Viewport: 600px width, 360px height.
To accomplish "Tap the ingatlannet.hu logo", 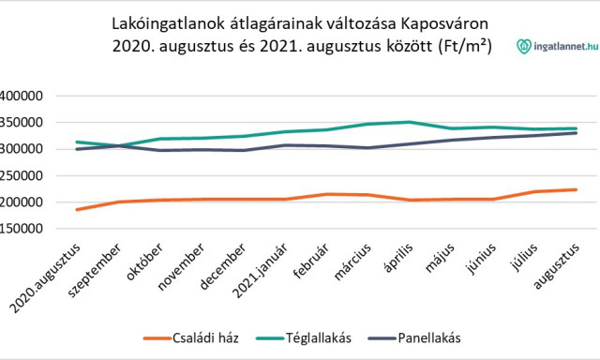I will [558, 44].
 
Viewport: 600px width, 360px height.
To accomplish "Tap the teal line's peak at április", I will [408, 122].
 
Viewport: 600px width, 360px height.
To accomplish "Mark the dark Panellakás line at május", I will [451, 141].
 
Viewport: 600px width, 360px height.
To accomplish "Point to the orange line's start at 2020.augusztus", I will [78, 209].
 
